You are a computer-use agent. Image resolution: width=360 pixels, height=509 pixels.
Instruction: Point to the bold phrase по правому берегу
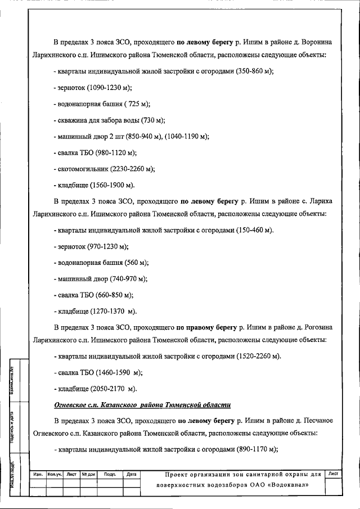207,326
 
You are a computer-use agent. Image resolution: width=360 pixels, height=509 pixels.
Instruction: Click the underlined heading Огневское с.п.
79,405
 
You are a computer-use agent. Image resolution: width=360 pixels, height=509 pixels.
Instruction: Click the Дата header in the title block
131,475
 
